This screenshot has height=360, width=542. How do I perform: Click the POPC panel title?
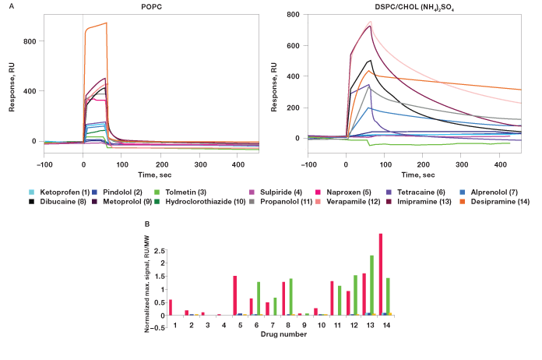(x=153, y=7)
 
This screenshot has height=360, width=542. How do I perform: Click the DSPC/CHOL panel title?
(x=414, y=7)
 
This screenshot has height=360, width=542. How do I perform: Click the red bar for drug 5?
(x=234, y=295)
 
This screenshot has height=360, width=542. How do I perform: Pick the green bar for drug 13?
(x=371, y=284)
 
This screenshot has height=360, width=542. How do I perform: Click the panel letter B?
(x=147, y=225)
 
